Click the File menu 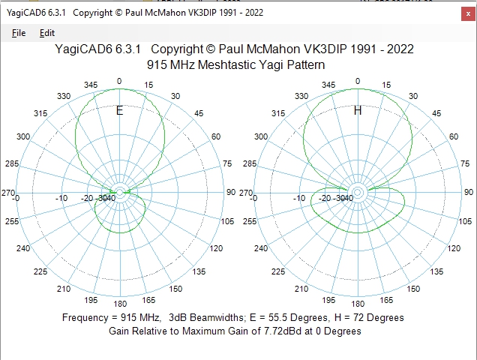(19, 33)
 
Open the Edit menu (47, 33)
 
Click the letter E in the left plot (119, 111)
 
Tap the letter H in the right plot (358, 111)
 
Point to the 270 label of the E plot (8, 193)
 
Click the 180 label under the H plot (358, 304)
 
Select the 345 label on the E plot (91, 85)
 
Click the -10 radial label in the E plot (63, 198)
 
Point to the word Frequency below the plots (87, 317)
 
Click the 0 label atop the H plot (358, 81)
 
